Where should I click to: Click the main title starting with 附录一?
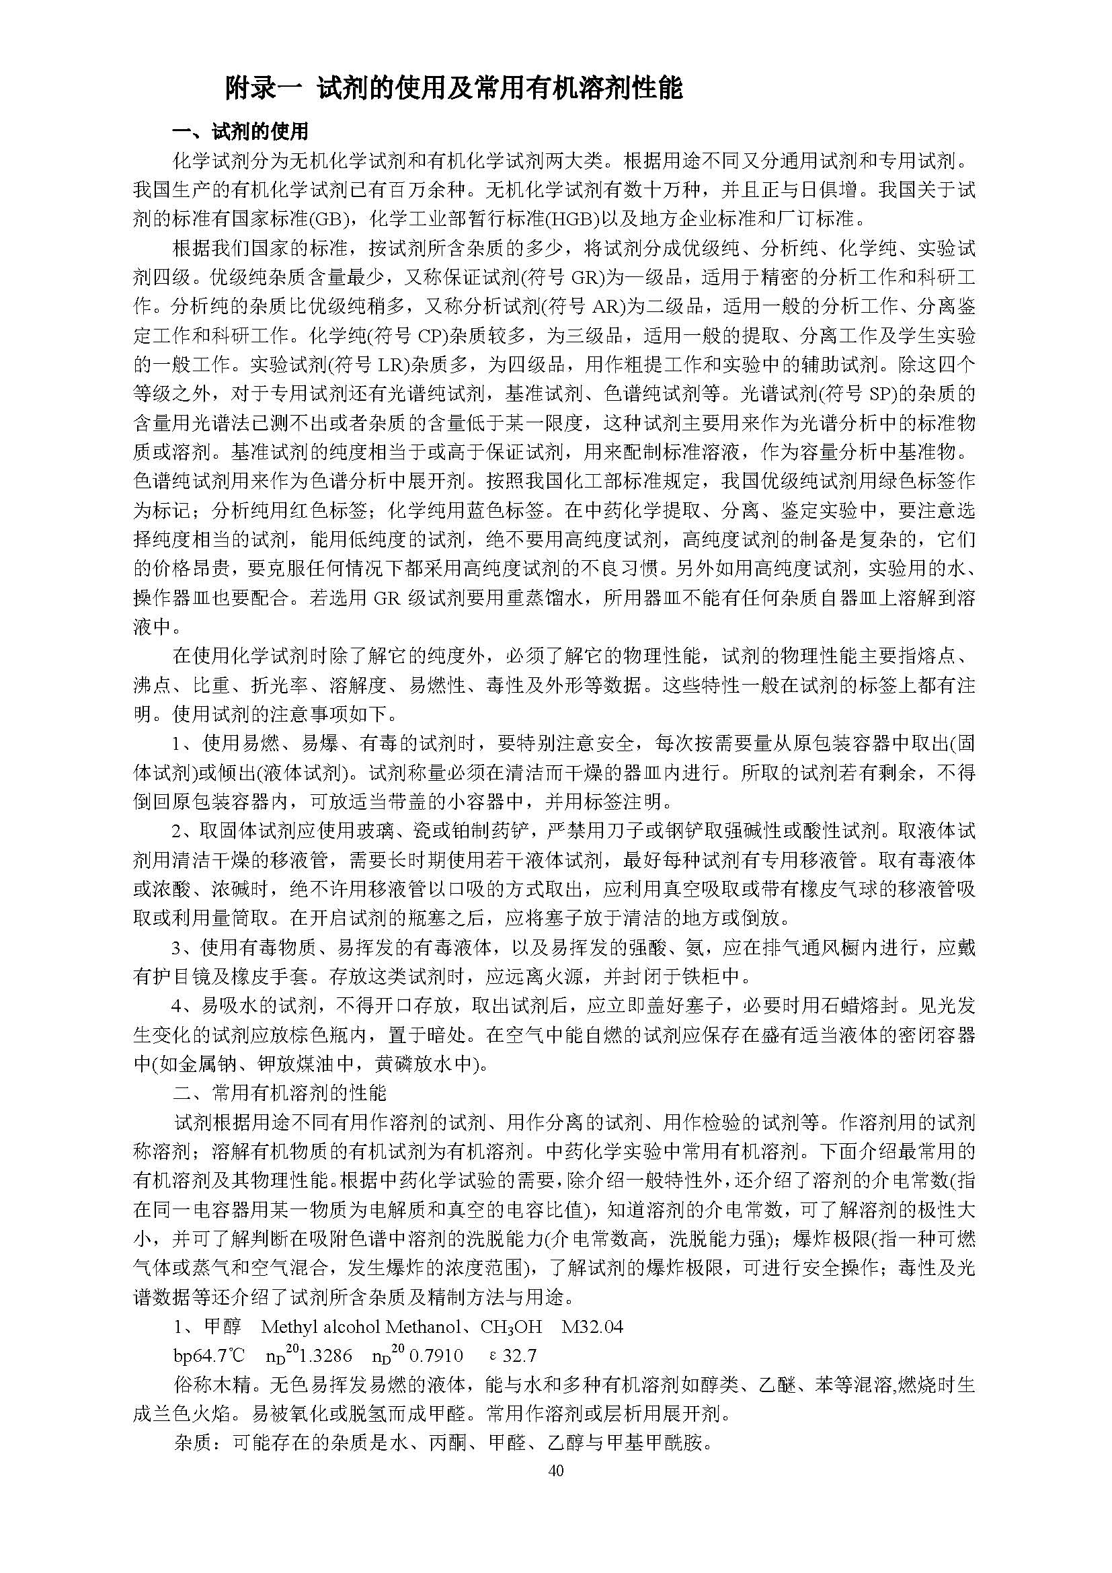tap(454, 88)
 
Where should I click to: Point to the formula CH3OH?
tap(511, 1327)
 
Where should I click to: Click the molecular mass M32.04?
tap(592, 1327)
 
